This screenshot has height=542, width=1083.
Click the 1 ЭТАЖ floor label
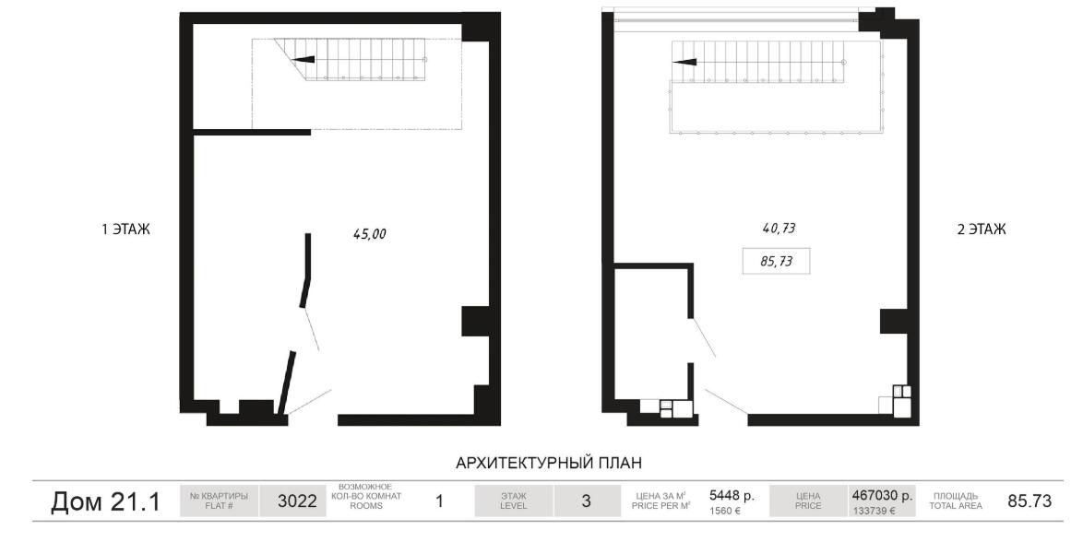(125, 230)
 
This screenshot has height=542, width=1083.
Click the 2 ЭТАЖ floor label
(982, 230)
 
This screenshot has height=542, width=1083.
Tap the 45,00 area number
(370, 234)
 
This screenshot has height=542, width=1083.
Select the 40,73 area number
(779, 228)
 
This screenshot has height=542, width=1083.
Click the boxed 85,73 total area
(777, 262)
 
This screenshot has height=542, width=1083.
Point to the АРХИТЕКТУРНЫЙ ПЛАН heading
(549, 463)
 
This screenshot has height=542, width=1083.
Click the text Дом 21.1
(105, 502)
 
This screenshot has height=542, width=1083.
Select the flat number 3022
(297, 501)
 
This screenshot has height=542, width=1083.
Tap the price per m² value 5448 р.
(732, 496)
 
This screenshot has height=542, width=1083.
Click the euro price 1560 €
(725, 512)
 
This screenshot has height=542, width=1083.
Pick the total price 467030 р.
(882, 496)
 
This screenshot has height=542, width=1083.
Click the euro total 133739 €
(875, 512)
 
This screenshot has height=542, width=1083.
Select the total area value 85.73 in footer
(1029, 501)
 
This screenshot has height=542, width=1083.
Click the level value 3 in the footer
(586, 501)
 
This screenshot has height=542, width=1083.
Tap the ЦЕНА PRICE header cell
(808, 501)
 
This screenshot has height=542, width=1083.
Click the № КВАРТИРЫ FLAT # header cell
(219, 501)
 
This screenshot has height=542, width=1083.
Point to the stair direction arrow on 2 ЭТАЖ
(684, 62)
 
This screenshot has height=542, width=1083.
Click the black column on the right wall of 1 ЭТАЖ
(475, 321)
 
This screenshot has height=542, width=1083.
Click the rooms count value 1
(438, 501)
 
